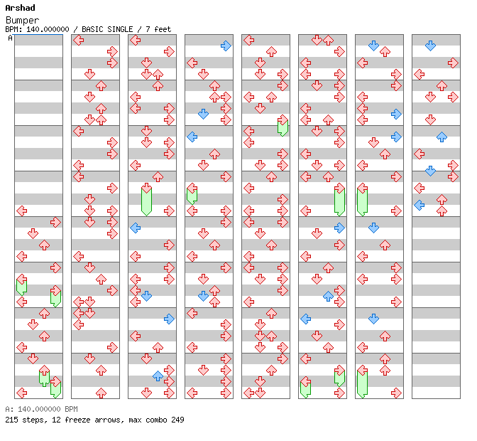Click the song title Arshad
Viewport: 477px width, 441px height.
[20, 8]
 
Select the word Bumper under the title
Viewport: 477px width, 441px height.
[22, 21]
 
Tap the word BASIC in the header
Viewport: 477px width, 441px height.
[92, 29]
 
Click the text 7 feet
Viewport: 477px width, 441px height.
[158, 29]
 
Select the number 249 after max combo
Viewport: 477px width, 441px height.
[177, 420]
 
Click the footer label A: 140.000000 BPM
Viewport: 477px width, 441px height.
[41, 409]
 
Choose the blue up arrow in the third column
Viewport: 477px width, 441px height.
[158, 376]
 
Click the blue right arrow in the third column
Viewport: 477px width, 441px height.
[169, 319]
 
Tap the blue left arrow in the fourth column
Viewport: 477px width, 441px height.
[192, 137]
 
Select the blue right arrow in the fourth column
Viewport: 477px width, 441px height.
[226, 46]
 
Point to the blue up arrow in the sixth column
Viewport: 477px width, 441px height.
[328, 296]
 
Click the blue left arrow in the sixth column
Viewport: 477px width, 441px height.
[305, 319]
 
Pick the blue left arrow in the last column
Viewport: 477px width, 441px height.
[420, 205]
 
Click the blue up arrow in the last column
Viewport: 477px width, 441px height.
[442, 137]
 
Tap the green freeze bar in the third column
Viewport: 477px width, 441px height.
[147, 201]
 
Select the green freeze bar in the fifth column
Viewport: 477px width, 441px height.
[283, 128]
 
